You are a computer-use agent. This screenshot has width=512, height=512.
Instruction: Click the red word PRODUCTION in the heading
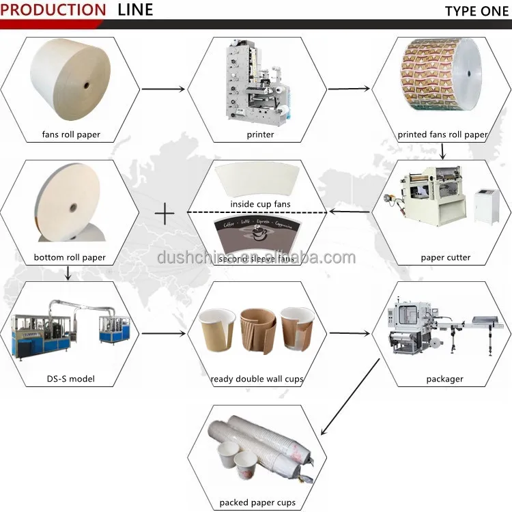point(54,10)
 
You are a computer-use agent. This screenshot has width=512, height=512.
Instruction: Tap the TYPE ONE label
point(475,11)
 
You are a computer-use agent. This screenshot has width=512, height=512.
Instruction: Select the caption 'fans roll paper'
point(71,134)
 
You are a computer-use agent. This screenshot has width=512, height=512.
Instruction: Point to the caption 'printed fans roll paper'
point(442,134)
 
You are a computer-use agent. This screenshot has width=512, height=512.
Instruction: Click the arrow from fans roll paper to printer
point(162,89)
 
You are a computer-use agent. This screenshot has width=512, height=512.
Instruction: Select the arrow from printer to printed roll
point(349,89)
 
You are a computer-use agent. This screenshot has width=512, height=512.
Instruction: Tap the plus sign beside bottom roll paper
point(164,214)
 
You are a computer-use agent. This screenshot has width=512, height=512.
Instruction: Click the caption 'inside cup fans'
point(260,204)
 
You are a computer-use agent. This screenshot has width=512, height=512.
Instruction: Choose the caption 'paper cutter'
point(445,257)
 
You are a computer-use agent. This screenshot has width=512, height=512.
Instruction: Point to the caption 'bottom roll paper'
point(70,257)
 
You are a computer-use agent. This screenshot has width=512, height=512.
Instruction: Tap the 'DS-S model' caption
point(71,379)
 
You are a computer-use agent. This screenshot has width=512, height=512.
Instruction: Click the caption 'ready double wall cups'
point(257,379)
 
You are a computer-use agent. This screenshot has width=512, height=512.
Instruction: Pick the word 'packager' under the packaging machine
point(444,379)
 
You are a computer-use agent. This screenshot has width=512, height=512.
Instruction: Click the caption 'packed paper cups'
point(257,502)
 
